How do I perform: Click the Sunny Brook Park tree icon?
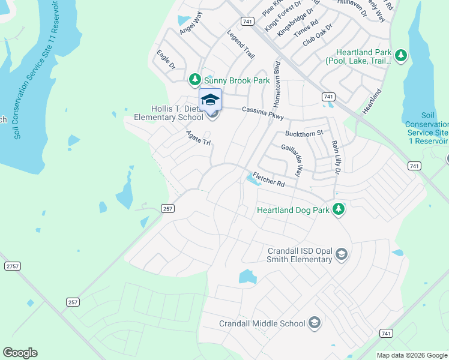[x=194, y=80]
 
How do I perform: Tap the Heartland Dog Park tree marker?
[x=339, y=209]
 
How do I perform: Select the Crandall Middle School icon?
[x=314, y=323]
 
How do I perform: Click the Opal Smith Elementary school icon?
[x=342, y=254]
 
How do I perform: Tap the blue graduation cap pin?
[x=210, y=99]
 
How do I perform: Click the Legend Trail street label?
[x=241, y=45]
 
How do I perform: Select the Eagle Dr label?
[x=165, y=59]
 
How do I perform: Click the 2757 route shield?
[x=12, y=265]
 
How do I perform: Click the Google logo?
[x=20, y=353]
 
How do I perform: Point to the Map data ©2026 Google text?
[x=411, y=355]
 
